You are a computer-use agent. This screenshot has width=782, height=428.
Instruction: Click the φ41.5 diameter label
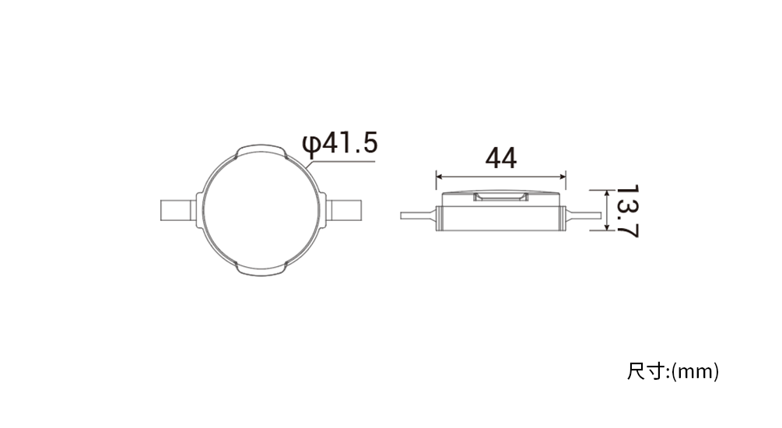(339, 144)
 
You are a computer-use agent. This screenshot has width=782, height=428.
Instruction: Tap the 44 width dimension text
(501, 158)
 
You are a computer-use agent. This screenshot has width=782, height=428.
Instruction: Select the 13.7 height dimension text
(627, 211)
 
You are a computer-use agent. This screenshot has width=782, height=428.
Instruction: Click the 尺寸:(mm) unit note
(673, 372)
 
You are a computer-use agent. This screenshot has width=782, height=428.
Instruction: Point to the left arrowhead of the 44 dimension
(439, 176)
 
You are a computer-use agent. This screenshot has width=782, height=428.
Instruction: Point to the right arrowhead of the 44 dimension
(563, 176)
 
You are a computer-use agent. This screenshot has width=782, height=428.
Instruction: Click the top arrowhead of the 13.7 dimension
(606, 192)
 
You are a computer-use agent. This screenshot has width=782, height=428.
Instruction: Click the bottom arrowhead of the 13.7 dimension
(606, 227)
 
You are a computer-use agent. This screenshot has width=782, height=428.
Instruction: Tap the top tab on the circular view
(261, 151)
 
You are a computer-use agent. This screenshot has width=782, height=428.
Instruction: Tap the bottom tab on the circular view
(261, 269)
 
